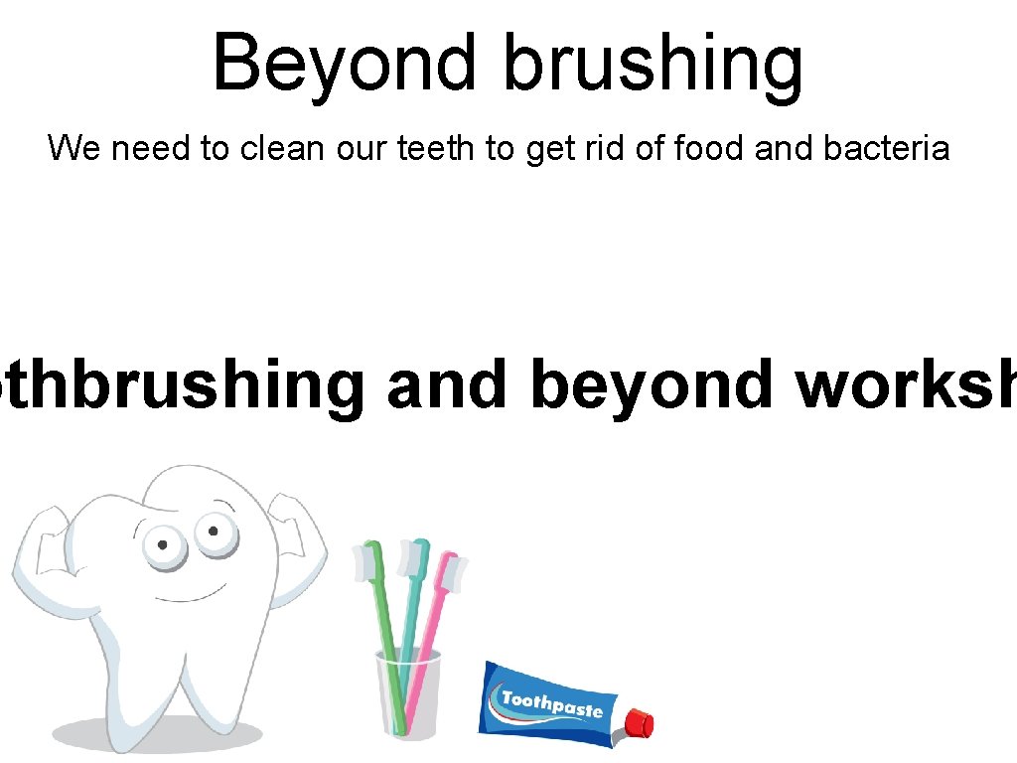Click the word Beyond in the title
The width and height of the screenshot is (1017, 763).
tap(344, 62)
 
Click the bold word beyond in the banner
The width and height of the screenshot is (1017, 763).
tap(651, 384)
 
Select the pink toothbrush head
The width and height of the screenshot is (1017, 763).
tap(453, 572)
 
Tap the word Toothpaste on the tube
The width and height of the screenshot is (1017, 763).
tap(552, 704)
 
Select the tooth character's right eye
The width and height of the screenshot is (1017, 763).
tap(211, 531)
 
